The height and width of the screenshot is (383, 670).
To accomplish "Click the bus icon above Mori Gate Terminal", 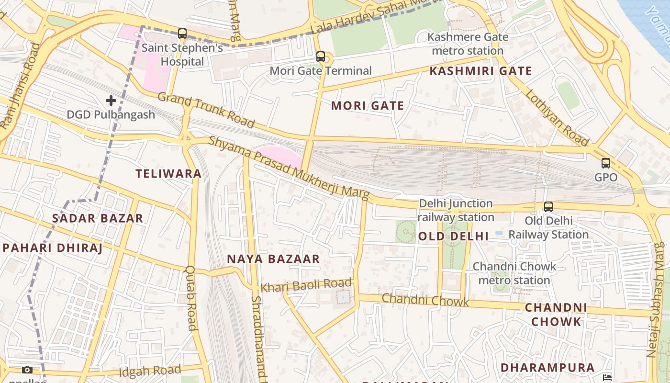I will [x=321, y=56].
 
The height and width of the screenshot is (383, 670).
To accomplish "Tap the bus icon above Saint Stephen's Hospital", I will [x=182, y=34].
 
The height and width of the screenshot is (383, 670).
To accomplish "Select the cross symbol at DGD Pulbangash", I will [x=111, y=101].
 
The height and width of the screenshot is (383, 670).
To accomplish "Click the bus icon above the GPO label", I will [x=606, y=163].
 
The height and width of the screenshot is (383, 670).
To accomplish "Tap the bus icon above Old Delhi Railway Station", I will [x=548, y=207].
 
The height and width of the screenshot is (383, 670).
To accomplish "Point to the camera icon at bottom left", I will [x=27, y=370].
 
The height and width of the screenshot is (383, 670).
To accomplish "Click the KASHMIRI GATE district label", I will [x=480, y=71].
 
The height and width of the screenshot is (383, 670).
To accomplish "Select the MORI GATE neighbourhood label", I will [x=368, y=106].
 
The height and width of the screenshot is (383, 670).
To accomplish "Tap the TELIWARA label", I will [x=168, y=174].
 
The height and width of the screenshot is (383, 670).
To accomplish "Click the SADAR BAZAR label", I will [x=98, y=218].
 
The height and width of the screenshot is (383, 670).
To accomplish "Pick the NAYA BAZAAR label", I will [x=273, y=259].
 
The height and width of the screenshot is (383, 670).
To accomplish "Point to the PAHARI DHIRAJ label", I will [x=53, y=248].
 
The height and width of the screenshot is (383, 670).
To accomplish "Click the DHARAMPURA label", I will [x=547, y=368].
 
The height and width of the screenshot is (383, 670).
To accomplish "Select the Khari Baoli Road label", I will [x=306, y=285].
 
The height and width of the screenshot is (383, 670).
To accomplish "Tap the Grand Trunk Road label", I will [x=206, y=111].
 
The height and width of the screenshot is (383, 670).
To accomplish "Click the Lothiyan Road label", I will [x=557, y=118].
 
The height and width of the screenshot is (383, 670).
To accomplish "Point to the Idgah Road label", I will [x=150, y=371].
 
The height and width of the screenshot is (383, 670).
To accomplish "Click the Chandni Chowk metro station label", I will [x=514, y=273].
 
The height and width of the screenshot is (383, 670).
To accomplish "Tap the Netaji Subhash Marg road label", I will [x=653, y=299].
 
